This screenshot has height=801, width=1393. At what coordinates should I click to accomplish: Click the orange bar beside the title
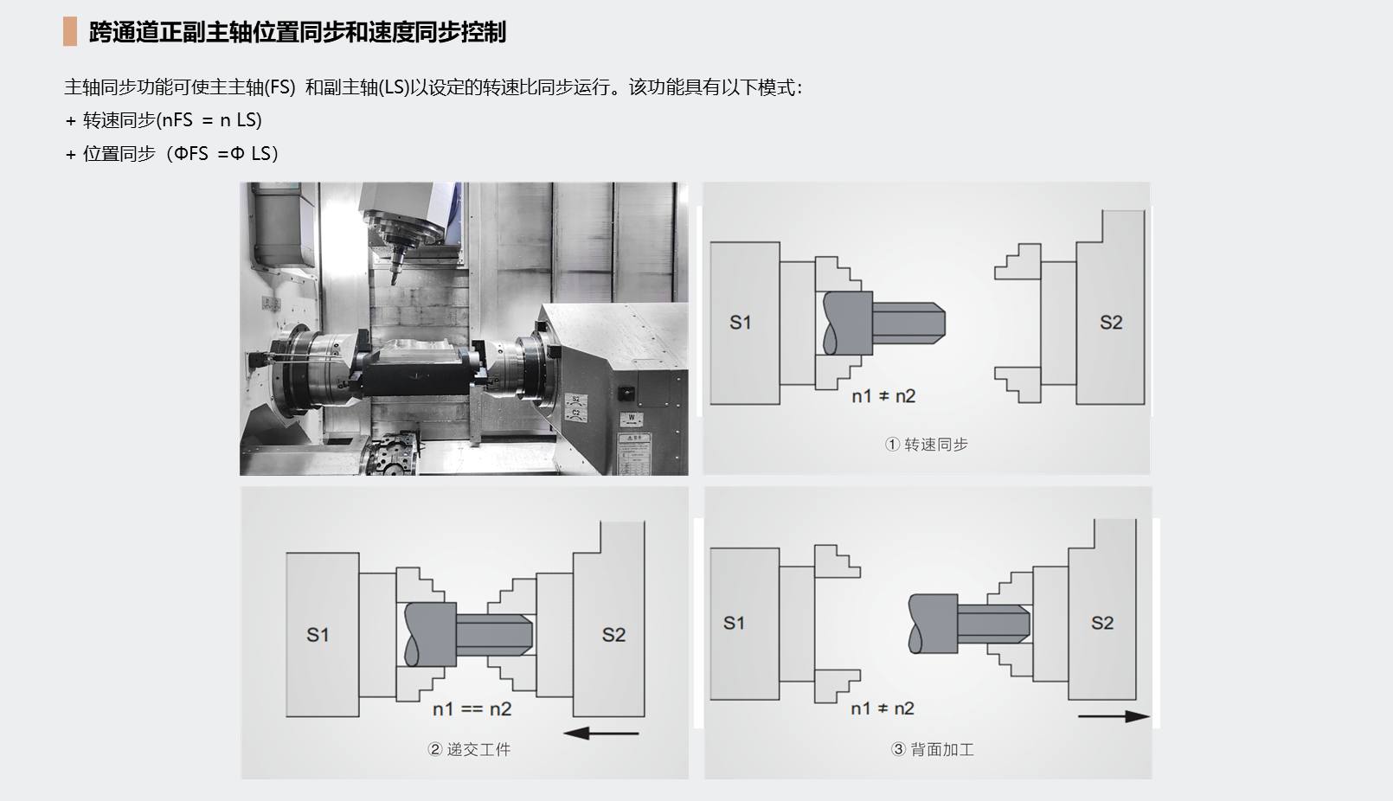pos(70,31)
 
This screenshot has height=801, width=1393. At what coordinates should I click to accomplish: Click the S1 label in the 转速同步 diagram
pos(740,322)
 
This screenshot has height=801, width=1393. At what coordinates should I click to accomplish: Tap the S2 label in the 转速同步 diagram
pos(1111,322)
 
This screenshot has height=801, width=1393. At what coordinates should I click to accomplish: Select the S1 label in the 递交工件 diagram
pos(318,634)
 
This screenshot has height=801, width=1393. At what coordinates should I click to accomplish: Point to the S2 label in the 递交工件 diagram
pos(613,634)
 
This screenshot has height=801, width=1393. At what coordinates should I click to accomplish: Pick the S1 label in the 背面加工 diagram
pos(734,623)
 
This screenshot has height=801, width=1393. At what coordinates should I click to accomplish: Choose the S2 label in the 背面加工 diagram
pos(1102,623)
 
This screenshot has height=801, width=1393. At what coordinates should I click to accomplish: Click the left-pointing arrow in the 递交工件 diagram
pos(601,734)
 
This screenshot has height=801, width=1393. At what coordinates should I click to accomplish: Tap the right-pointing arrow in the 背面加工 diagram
pos(1114,716)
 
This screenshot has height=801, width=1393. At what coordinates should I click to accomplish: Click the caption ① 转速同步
pos(926,444)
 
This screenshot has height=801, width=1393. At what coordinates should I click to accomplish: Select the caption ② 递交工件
pos(469,749)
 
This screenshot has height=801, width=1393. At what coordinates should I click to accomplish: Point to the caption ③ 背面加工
pos(932,749)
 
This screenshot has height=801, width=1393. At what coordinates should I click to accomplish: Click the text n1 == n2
pos(472,709)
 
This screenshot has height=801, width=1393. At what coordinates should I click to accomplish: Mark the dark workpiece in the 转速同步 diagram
pos(883,323)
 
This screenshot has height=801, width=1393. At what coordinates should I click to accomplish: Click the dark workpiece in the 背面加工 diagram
pos(969,624)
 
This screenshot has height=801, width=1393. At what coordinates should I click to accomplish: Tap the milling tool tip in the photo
pos(394,282)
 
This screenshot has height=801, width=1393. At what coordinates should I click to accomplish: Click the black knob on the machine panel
pos(626,393)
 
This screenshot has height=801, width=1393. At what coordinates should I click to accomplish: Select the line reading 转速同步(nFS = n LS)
pos(164,119)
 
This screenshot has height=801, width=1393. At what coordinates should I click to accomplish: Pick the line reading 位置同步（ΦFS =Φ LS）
pos(171,153)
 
